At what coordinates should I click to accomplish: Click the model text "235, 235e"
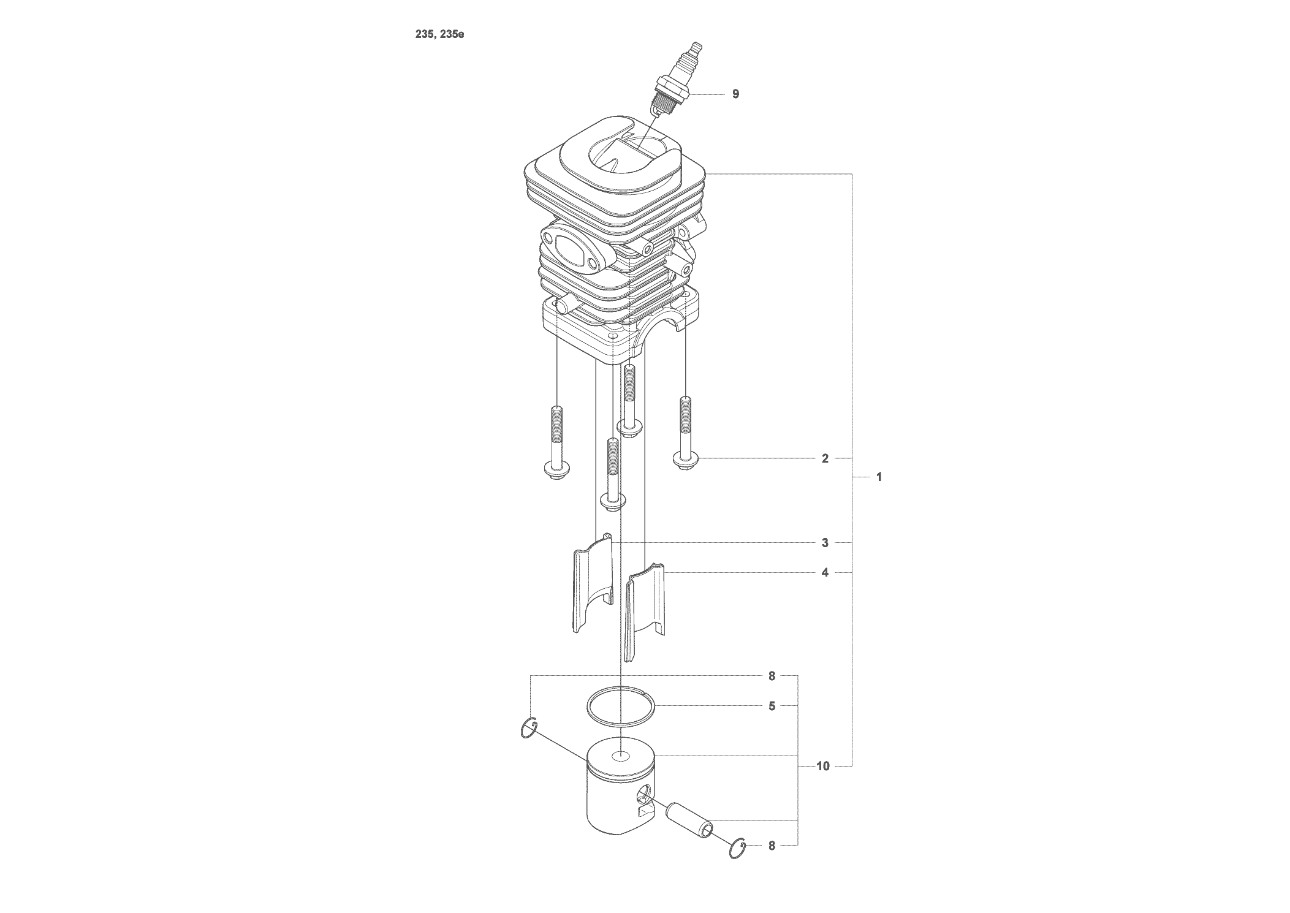pos(439,34)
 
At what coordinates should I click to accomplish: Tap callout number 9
pos(735,94)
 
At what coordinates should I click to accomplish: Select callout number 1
pos(879,477)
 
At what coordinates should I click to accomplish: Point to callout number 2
pos(825,458)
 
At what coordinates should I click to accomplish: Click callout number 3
pos(825,543)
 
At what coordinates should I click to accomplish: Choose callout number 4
pos(825,573)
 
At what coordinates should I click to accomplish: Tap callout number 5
pos(772,707)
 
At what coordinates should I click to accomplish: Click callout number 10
pos(822,766)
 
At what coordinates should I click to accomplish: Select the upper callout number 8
pos(772,676)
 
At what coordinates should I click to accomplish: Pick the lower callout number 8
pos(772,846)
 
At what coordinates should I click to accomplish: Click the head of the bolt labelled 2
pos(685,461)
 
